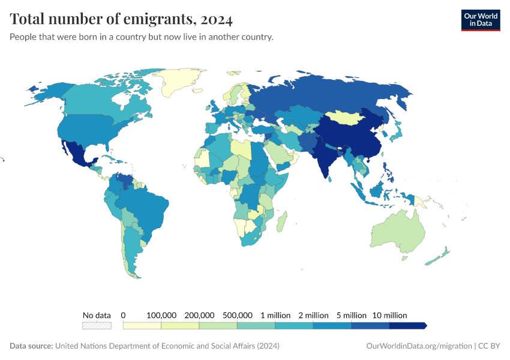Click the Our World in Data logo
(x=480, y=20)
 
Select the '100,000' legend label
(x=161, y=315)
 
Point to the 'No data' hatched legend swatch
(x=97, y=326)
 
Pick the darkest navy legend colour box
(x=408, y=326)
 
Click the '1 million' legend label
(x=275, y=315)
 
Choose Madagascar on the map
(x=281, y=220)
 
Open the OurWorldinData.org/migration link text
(x=418, y=346)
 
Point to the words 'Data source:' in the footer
(x=31, y=346)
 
